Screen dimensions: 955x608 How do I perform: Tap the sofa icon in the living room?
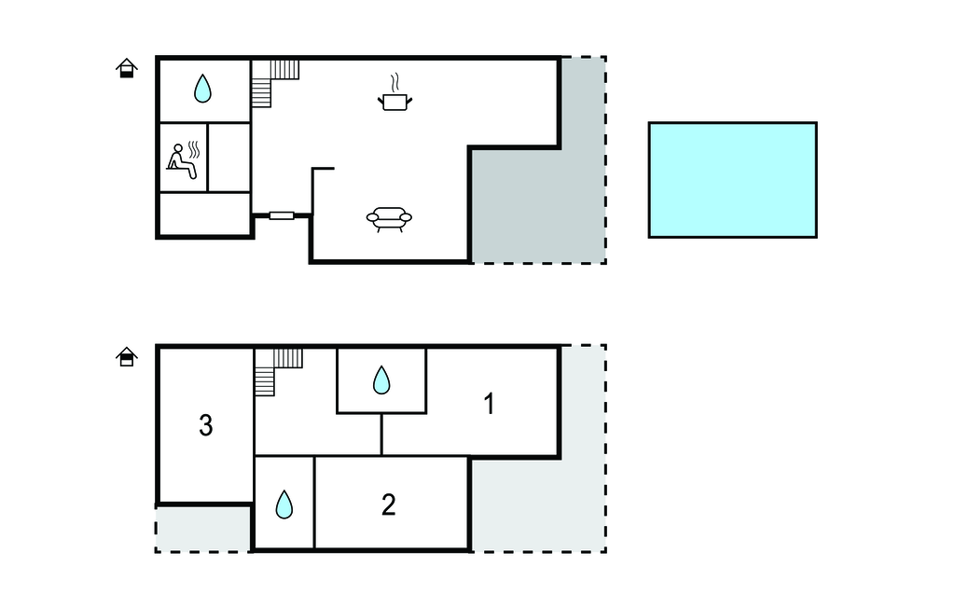(389, 219)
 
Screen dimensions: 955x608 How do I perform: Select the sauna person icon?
(184, 160)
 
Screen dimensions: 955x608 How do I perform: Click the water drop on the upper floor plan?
(202, 89)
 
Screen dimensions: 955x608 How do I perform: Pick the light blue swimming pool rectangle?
(733, 180)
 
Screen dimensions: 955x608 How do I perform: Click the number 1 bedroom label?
(489, 404)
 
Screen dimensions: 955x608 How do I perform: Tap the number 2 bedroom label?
(389, 505)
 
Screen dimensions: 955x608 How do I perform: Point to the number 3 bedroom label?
(206, 426)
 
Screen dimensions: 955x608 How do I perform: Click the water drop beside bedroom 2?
(284, 504)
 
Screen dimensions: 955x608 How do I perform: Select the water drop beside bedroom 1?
(381, 380)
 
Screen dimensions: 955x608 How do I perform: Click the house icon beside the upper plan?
(127, 68)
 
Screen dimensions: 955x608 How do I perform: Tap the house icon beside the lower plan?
(127, 357)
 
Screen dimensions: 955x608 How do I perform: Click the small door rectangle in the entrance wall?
(282, 215)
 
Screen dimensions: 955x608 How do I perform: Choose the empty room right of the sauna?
(229, 158)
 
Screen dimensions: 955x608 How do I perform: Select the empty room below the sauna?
(205, 214)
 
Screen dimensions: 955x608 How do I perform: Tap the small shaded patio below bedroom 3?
(202, 529)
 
